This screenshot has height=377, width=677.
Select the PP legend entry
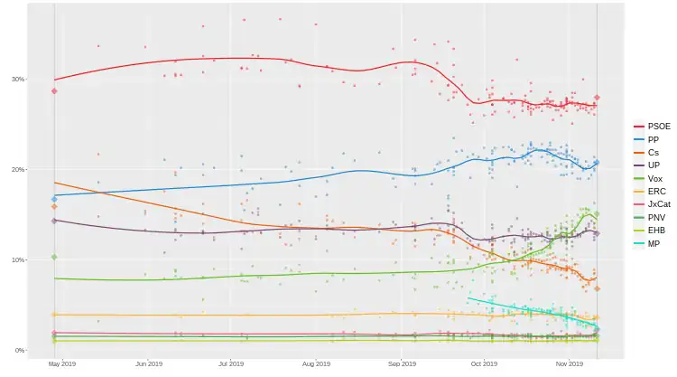click(x=653, y=139)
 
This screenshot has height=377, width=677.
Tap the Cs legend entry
click(x=653, y=153)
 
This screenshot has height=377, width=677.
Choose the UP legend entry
click(x=653, y=165)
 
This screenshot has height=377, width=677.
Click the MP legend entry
click(x=653, y=244)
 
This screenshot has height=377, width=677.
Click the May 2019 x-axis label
click(x=60, y=364)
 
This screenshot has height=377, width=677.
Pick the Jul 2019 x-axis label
click(x=231, y=364)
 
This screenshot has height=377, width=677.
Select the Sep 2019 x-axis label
click(x=401, y=364)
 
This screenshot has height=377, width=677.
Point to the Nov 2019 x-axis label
click(x=570, y=364)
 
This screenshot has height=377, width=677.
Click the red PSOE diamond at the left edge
click(x=54, y=91)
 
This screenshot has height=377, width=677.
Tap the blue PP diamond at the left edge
click(x=54, y=199)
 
